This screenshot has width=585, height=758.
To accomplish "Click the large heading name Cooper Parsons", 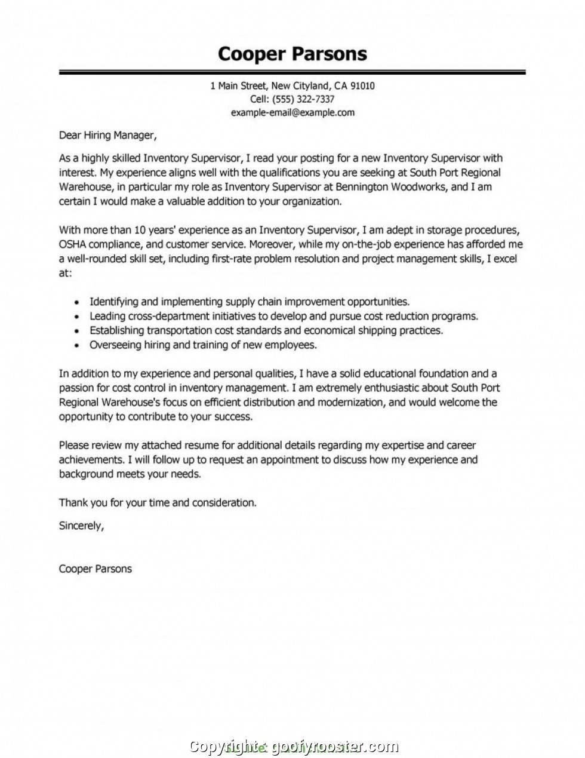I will coord(292,54).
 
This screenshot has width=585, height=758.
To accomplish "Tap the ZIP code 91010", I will coord(362,86).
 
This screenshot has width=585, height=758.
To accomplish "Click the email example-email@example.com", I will coord(292,112).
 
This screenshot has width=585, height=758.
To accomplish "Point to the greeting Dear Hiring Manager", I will coord(107,136).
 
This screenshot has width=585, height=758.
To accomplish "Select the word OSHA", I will coord(73,244).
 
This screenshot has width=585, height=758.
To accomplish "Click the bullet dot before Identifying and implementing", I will coord(76,303).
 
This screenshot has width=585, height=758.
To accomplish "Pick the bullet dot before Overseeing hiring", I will coord(76,346).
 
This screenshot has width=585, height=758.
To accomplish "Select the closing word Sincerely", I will coord(81,526).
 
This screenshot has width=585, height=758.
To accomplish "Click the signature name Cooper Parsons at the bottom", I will coord(96,569).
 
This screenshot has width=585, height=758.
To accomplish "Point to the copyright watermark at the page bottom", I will coord(292,746).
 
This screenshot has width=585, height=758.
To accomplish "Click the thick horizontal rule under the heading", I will coord(292,72).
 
